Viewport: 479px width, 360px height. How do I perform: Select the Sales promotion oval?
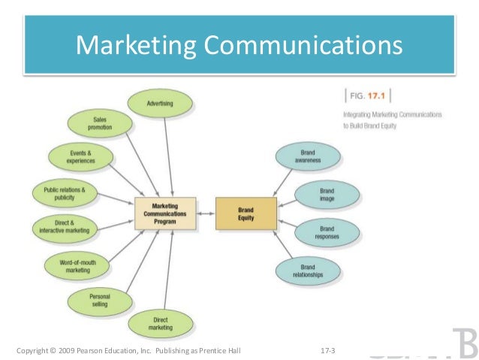(100, 123)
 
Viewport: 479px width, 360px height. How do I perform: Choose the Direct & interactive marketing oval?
(64, 227)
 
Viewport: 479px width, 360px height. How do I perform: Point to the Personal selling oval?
(99, 301)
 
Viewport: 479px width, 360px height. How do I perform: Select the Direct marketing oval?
(159, 324)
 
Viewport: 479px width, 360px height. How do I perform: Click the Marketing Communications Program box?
(165, 213)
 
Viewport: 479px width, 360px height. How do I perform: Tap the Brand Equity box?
(246, 213)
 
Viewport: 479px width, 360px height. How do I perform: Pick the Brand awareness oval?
(307, 156)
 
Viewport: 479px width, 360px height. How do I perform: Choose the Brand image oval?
(327, 195)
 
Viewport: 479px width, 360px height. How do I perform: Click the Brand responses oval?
(327, 232)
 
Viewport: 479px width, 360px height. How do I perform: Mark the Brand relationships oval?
(307, 271)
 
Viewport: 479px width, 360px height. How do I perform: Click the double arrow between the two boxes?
(206, 213)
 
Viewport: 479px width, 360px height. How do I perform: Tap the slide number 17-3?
(327, 350)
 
